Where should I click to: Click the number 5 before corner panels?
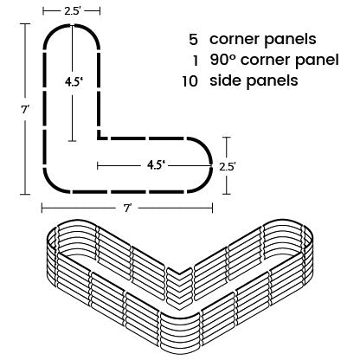tap(194, 40)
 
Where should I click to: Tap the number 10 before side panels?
tap(190, 81)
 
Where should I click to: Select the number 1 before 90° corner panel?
tap(196, 61)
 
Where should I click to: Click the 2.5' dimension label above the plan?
tap(71, 11)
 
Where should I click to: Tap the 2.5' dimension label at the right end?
tap(228, 167)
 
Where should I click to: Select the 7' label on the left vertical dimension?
tap(25, 110)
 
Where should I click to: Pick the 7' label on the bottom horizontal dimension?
tap(128, 208)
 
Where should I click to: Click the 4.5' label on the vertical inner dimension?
tap(74, 82)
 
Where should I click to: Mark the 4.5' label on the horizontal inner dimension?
tap(156, 165)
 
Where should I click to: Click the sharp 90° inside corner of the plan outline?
tap(99, 138)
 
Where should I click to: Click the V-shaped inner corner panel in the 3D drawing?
tap(179, 286)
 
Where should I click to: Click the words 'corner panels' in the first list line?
tap(263, 39)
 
